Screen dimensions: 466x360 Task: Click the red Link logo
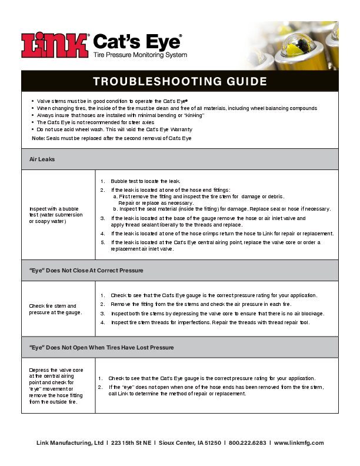(x=55, y=45)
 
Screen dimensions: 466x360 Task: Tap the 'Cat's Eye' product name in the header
(x=137, y=41)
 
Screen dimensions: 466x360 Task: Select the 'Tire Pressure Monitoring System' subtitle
(x=140, y=55)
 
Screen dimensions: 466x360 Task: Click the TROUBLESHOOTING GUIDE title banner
(x=180, y=81)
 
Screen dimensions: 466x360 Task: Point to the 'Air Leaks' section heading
(x=42, y=159)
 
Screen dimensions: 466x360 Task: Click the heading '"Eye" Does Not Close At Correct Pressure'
(x=86, y=270)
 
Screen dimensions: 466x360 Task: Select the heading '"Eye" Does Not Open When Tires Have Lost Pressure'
(x=102, y=347)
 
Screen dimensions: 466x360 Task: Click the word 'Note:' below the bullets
(x=38, y=138)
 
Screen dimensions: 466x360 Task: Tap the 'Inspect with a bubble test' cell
(x=56, y=215)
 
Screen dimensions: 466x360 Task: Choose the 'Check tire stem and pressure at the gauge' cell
(x=55, y=309)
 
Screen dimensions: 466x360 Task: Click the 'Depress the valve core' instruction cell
(x=56, y=385)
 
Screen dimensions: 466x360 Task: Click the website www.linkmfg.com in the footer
(x=299, y=443)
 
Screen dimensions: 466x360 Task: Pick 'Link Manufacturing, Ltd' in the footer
(x=70, y=443)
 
